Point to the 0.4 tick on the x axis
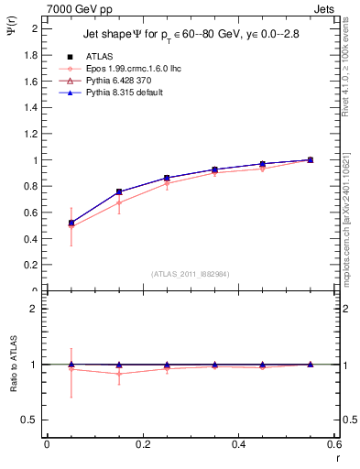238,445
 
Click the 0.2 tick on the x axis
142,445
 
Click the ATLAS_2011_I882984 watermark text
191,273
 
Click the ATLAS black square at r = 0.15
119,191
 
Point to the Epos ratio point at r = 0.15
119,374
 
